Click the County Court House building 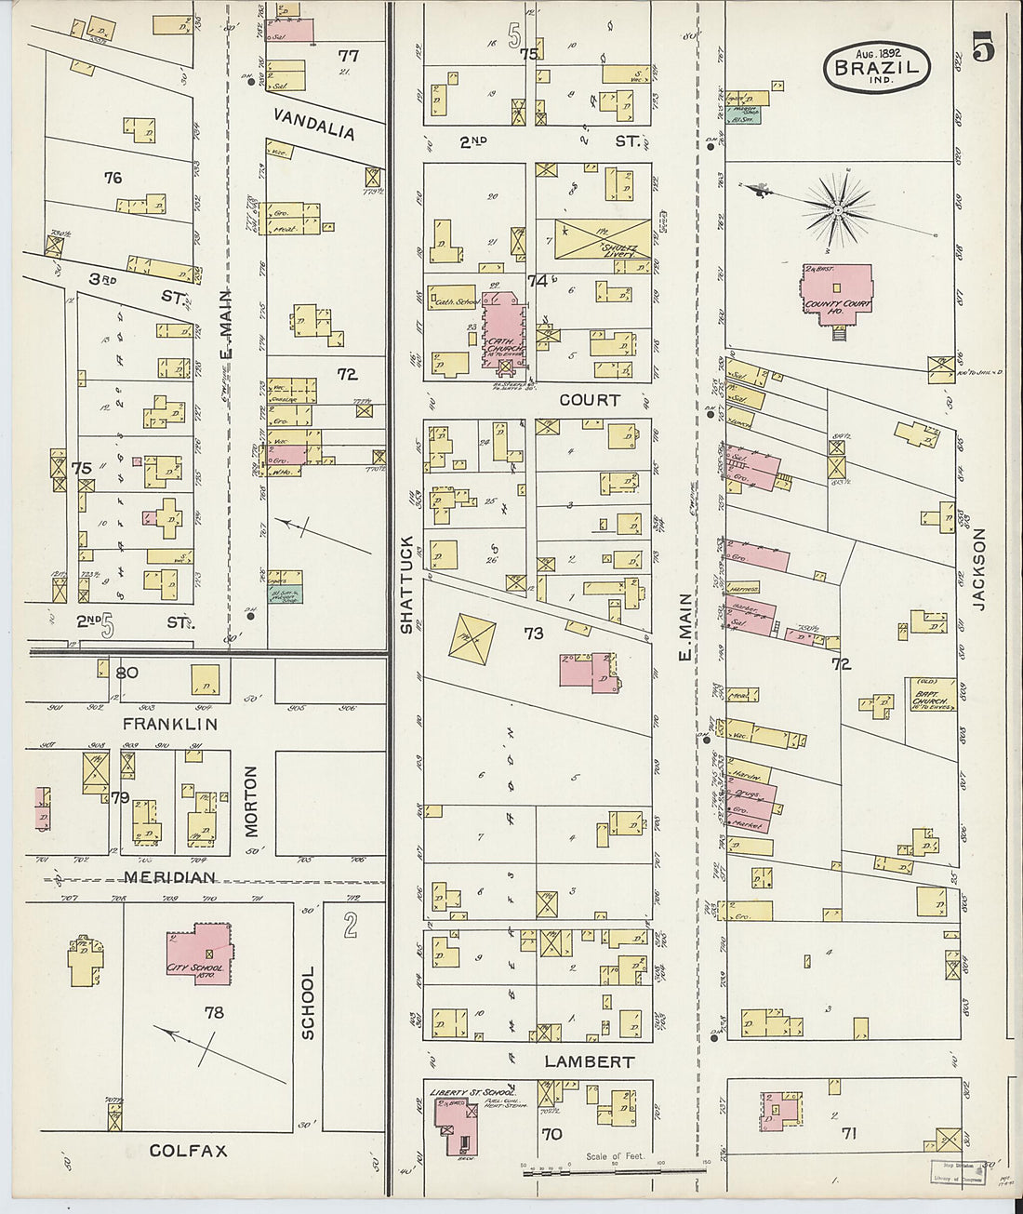[837, 296]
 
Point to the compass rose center [837, 210]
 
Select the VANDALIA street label [314, 124]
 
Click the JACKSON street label [978, 569]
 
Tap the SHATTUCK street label [406, 585]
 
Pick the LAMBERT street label [590, 1061]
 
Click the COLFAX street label [188, 1151]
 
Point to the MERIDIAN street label [169, 877]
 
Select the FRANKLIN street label [170, 724]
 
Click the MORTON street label [251, 801]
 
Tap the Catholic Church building [503, 332]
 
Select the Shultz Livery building [602, 239]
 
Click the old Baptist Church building [933, 694]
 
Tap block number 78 [214, 1012]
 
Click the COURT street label [590, 400]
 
